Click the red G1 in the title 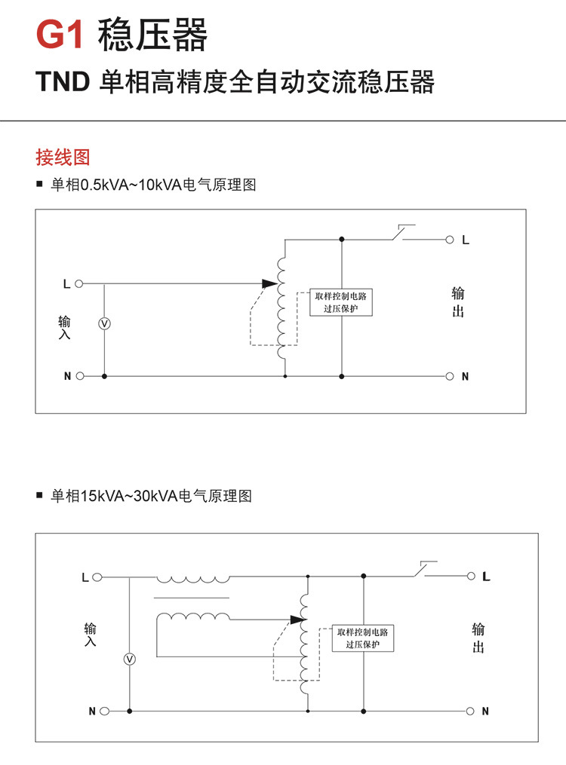click(x=60, y=35)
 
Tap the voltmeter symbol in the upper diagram click(x=105, y=323)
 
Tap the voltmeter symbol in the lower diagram click(x=129, y=659)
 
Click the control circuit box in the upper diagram click(x=341, y=301)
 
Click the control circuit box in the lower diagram click(x=363, y=638)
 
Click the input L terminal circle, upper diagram click(x=79, y=284)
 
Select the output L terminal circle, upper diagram click(x=450, y=240)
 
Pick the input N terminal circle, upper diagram click(x=79, y=375)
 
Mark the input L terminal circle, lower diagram click(x=96, y=577)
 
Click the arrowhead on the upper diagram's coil click(x=269, y=284)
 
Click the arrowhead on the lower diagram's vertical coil click(x=296, y=620)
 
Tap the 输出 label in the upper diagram click(x=458, y=301)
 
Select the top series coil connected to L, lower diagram click(x=192, y=579)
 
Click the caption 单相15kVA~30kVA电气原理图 click(x=151, y=496)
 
